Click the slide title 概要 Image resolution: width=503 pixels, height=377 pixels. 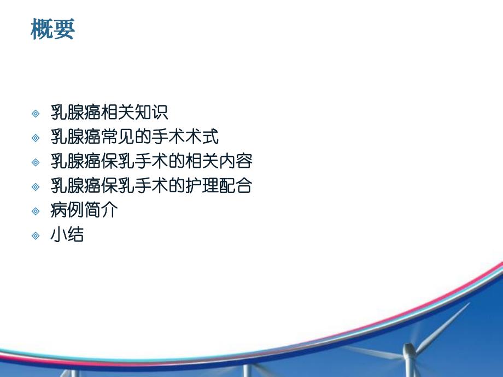coord(52,30)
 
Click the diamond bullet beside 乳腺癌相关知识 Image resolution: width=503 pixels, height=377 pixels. coord(36,113)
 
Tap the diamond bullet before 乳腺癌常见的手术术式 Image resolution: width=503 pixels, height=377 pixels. coord(36,138)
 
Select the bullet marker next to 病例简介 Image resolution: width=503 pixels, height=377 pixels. coord(36,211)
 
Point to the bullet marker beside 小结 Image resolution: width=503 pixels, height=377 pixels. coord(36,235)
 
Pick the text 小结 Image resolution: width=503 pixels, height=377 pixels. coord(67,235)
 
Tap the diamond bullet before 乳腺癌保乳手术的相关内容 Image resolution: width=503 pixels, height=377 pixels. coord(36,162)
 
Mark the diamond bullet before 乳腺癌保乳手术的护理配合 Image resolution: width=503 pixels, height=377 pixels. coord(36,187)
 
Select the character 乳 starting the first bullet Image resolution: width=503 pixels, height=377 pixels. coord(59,113)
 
